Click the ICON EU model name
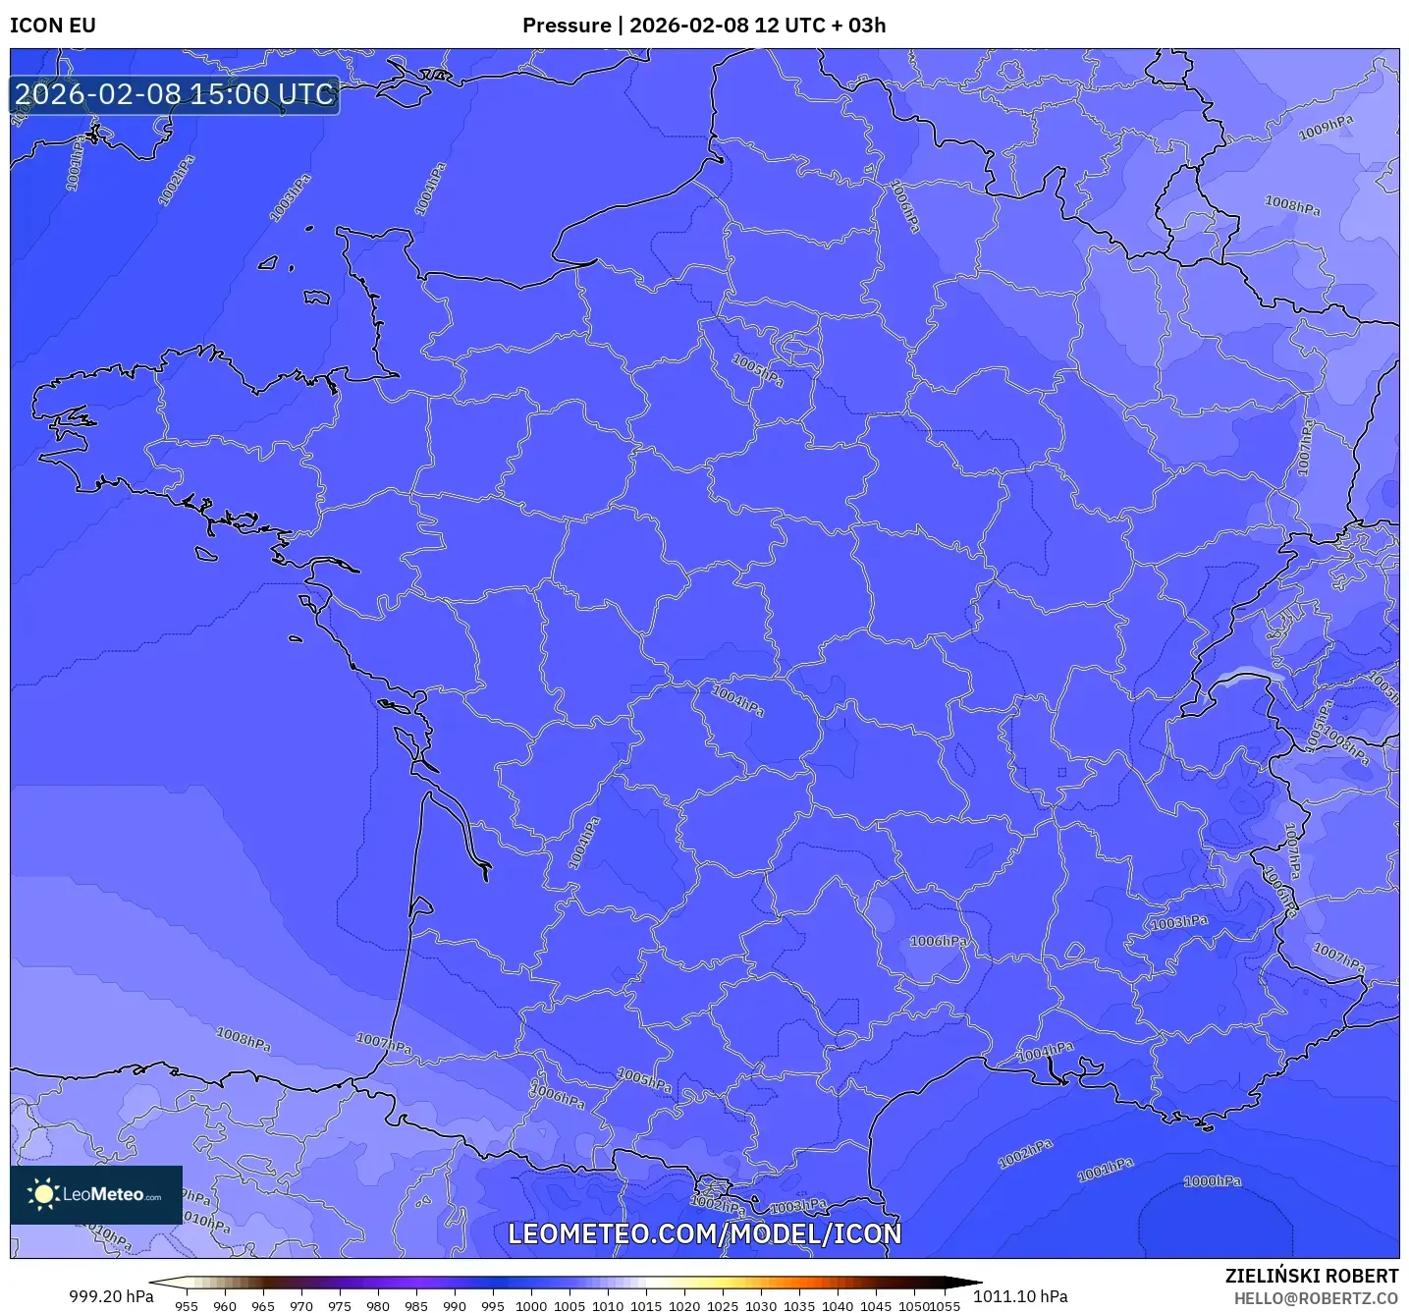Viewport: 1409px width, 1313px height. click(53, 26)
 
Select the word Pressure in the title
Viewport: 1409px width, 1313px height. click(566, 26)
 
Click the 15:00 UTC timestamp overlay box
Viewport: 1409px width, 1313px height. click(175, 95)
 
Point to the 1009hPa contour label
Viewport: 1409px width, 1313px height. click(1326, 128)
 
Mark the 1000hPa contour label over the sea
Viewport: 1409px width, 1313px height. click(1212, 1181)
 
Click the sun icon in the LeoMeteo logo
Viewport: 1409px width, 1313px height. click(43, 1194)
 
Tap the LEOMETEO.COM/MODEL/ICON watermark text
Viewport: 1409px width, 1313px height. click(704, 1234)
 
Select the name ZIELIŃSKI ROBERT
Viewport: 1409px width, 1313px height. click(1311, 1276)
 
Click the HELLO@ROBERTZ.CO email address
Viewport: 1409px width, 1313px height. click(1316, 1298)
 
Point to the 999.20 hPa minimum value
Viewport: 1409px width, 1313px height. click(111, 1296)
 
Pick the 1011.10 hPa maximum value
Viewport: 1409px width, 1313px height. click(1020, 1296)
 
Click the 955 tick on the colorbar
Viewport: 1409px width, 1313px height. click(187, 1306)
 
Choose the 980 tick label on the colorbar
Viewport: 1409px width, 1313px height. click(378, 1306)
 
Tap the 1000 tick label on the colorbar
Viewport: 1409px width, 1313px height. click(531, 1306)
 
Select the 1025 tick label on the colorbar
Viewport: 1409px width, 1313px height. click(723, 1306)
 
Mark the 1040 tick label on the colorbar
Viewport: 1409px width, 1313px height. click(838, 1306)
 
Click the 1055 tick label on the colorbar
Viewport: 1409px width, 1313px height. click(945, 1306)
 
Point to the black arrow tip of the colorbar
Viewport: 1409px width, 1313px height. click(976, 1283)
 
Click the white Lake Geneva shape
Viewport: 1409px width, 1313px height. click(1248, 675)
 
